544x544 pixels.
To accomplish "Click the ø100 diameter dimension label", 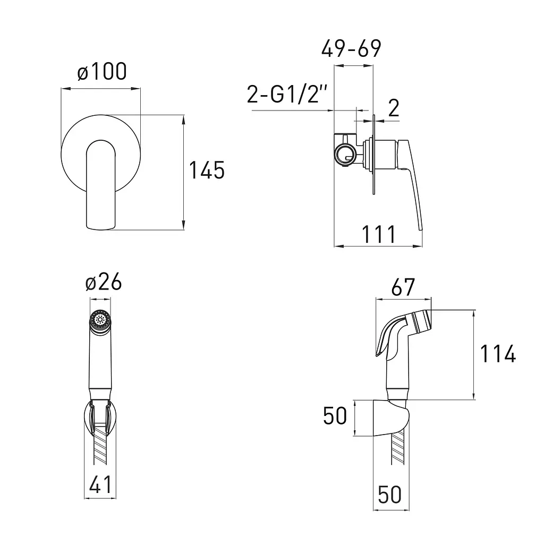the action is pyautogui.click(x=102, y=72).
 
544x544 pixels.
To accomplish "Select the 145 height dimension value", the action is pyautogui.click(x=207, y=171).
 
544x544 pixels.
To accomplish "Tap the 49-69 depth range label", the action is pyautogui.click(x=351, y=48).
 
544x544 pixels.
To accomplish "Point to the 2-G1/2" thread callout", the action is pyautogui.click(x=287, y=94).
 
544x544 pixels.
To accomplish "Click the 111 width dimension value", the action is pyautogui.click(x=378, y=234).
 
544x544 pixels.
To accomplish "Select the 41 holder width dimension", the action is pyautogui.click(x=100, y=484).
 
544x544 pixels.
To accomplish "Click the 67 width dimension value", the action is pyautogui.click(x=403, y=287).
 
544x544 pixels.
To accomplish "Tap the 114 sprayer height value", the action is pyautogui.click(x=498, y=354).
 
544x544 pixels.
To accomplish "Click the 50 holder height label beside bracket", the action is pyautogui.click(x=335, y=415).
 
